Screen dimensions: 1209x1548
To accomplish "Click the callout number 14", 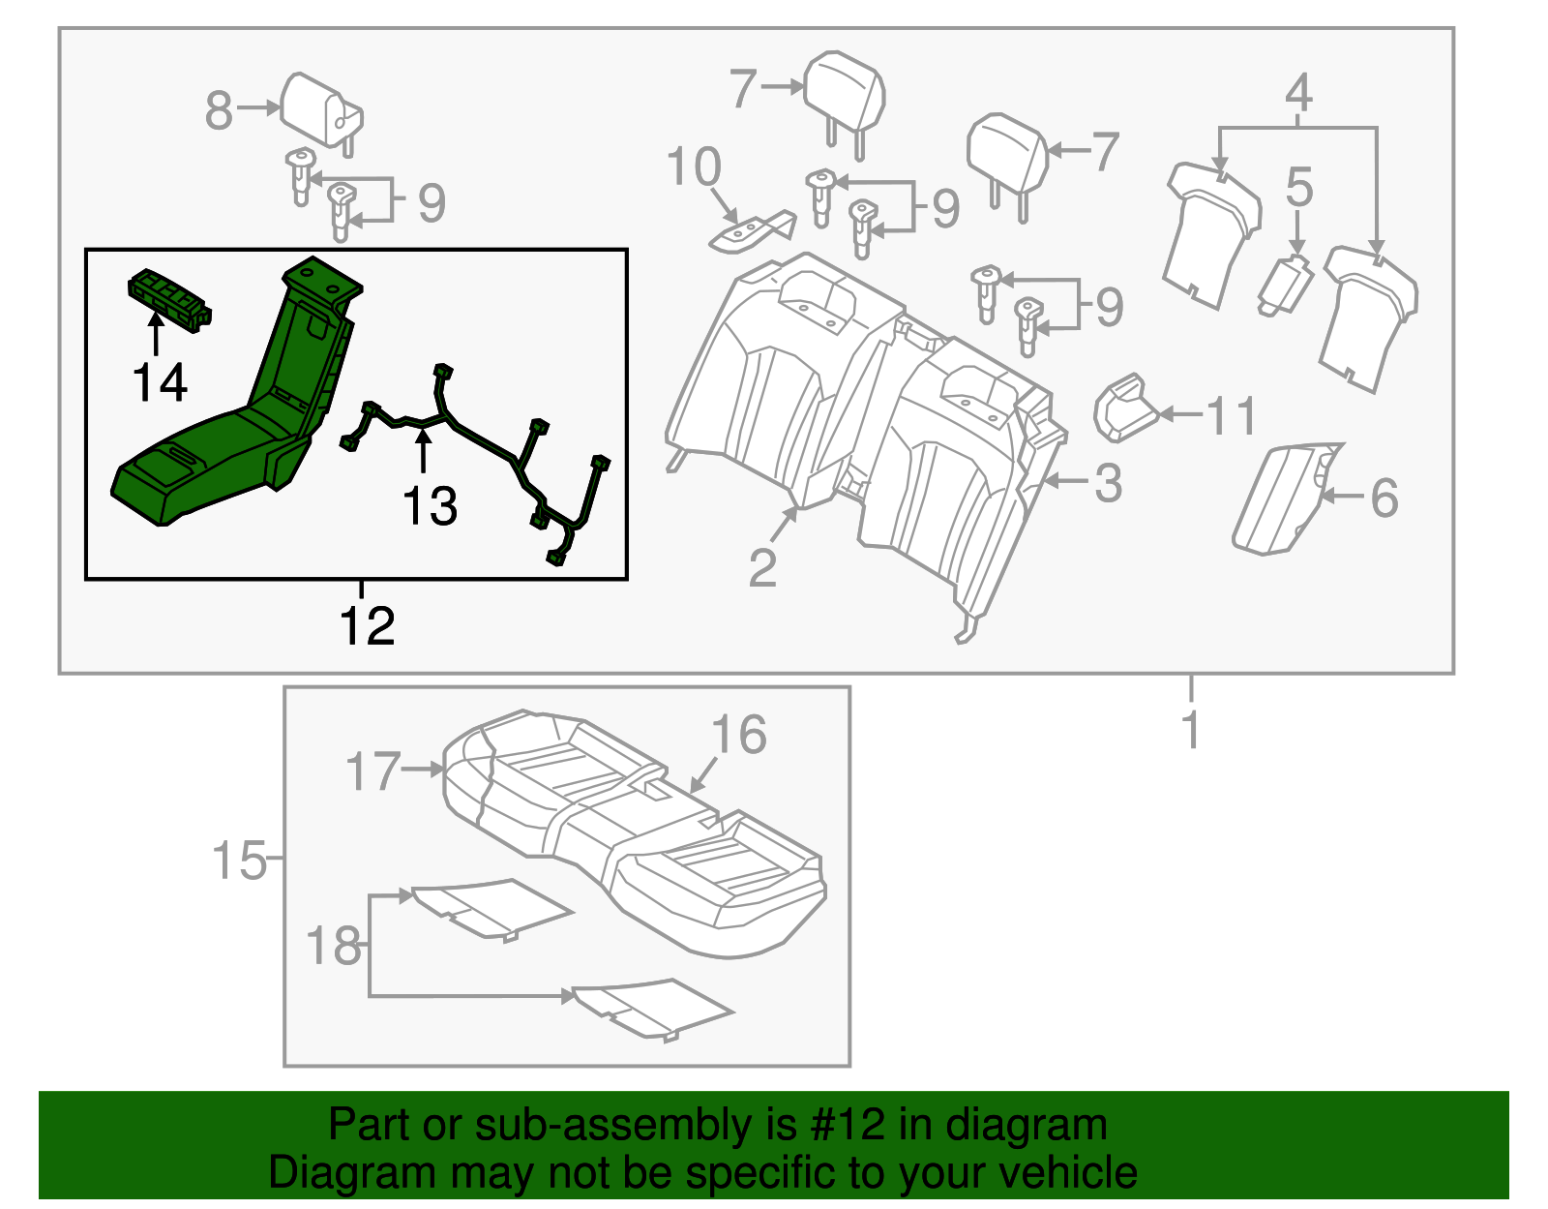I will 160,383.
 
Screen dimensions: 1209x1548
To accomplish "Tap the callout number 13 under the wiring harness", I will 430,506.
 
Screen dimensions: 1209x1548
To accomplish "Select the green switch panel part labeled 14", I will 170,300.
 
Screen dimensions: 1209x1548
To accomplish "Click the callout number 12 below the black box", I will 367,626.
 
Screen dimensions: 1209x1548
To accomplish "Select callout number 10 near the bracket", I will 694,166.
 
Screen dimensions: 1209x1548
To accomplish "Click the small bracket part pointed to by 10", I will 753,232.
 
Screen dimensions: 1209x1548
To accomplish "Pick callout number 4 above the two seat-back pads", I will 1298,93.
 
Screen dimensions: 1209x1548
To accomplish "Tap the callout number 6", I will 1384,498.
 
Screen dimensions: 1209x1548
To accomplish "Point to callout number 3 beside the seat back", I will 1108,483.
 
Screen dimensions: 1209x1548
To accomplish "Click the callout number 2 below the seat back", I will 762,568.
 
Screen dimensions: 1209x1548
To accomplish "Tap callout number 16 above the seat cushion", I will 739,735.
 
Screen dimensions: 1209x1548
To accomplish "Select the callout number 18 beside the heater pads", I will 333,946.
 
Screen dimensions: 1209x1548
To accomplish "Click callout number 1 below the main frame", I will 1191,730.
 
